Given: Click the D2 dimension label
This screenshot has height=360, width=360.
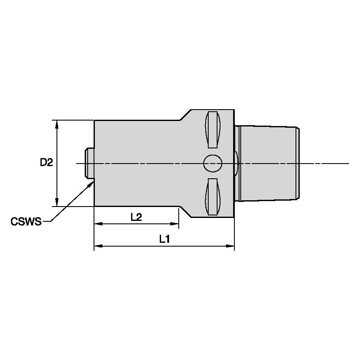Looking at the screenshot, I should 46,162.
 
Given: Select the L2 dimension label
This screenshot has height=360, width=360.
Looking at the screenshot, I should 136,217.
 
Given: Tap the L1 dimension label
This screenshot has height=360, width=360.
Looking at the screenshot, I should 164,239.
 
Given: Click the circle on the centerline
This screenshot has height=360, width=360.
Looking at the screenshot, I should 212,163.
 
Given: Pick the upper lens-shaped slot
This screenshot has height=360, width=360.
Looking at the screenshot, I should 212,130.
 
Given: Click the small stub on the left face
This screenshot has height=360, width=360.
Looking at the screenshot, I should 89,163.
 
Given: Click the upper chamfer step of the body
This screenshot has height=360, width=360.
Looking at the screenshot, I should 185,115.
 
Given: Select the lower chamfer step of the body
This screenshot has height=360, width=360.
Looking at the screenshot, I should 185,212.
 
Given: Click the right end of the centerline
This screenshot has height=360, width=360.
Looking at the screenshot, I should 348,163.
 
